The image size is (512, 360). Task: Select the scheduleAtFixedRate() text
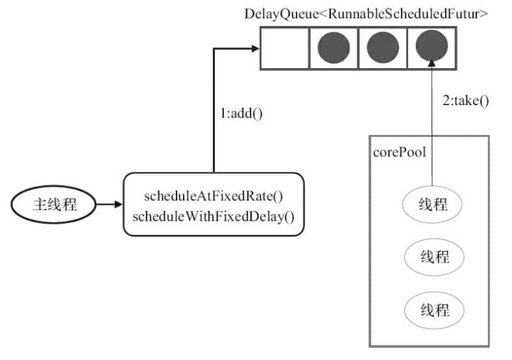point(213,196)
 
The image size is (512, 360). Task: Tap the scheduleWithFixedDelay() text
point(213,215)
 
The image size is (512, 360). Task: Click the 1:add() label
point(241,113)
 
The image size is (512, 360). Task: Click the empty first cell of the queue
point(284,48)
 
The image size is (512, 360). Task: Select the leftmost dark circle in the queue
point(334,48)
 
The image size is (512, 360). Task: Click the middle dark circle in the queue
point(383,48)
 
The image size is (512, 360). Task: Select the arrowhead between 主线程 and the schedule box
point(117,205)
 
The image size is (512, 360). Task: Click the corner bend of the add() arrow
point(214,48)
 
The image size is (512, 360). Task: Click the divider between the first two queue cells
point(309,48)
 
